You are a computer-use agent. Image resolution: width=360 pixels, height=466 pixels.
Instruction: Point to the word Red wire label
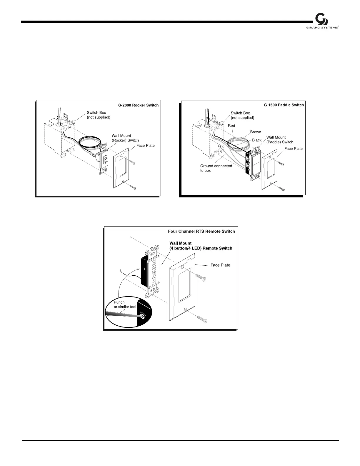231,126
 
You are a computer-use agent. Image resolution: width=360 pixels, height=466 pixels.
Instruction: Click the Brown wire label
256,132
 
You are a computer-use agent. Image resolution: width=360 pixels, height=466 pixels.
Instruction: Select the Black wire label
257,140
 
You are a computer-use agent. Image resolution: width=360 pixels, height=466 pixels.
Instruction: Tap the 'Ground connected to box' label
216,168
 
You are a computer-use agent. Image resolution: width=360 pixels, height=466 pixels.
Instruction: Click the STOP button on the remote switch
154,269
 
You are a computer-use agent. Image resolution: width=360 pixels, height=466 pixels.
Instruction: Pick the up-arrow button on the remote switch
154,261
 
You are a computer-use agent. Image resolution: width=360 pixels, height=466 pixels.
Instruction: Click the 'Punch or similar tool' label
125,304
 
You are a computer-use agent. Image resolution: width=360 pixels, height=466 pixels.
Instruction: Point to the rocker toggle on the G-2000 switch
105,160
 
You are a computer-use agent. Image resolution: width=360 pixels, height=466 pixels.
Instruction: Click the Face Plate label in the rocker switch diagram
146,145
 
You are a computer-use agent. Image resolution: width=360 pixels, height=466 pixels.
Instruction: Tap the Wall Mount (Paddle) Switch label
280,139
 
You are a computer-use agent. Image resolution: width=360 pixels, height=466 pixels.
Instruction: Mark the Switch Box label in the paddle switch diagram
242,115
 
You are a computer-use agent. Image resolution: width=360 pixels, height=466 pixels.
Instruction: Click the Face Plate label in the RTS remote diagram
220,265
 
